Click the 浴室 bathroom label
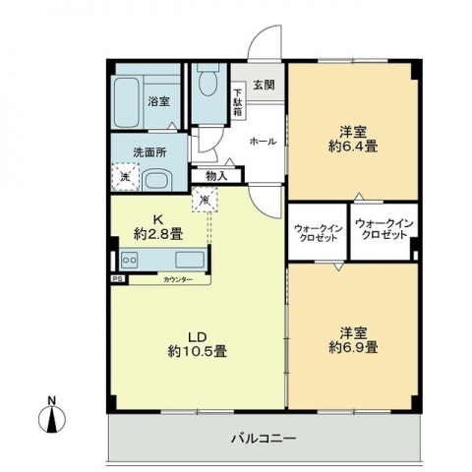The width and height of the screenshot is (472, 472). click(x=159, y=101)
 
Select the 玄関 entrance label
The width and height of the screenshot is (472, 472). click(x=263, y=86)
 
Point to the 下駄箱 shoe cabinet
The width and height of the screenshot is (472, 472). click(x=238, y=102)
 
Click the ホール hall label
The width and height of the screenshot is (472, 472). click(x=262, y=141)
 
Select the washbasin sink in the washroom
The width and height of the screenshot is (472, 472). click(x=157, y=179)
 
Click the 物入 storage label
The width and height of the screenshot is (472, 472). click(x=216, y=176)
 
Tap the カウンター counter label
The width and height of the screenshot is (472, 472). click(x=178, y=280)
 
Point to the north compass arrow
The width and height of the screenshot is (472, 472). click(x=54, y=419)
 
